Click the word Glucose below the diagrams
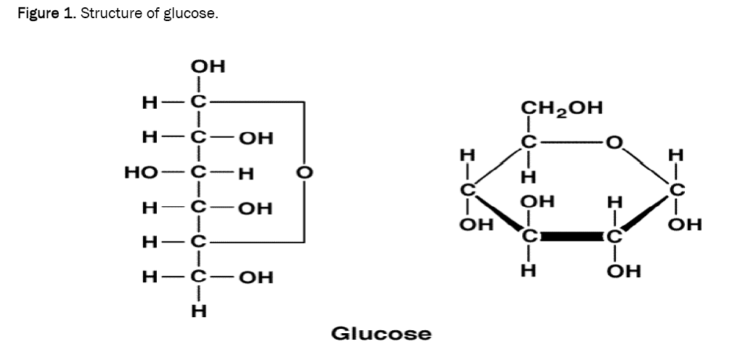[381, 334]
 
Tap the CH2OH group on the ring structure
[561, 108]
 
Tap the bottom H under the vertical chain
[198, 311]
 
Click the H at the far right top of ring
[676, 155]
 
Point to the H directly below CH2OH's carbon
[529, 176]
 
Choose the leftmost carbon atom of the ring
[469, 190]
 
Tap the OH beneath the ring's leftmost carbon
[476, 225]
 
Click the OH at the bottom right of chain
[256, 277]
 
